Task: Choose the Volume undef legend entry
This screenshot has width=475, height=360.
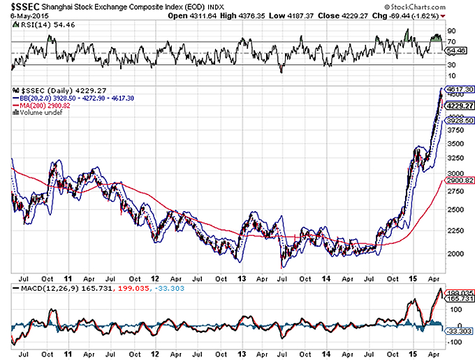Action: click(x=35, y=112)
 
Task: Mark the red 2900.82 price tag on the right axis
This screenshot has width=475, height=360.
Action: click(x=459, y=180)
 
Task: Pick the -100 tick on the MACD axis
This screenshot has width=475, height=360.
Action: click(x=454, y=343)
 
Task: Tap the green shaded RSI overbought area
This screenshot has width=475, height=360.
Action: click(x=437, y=36)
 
